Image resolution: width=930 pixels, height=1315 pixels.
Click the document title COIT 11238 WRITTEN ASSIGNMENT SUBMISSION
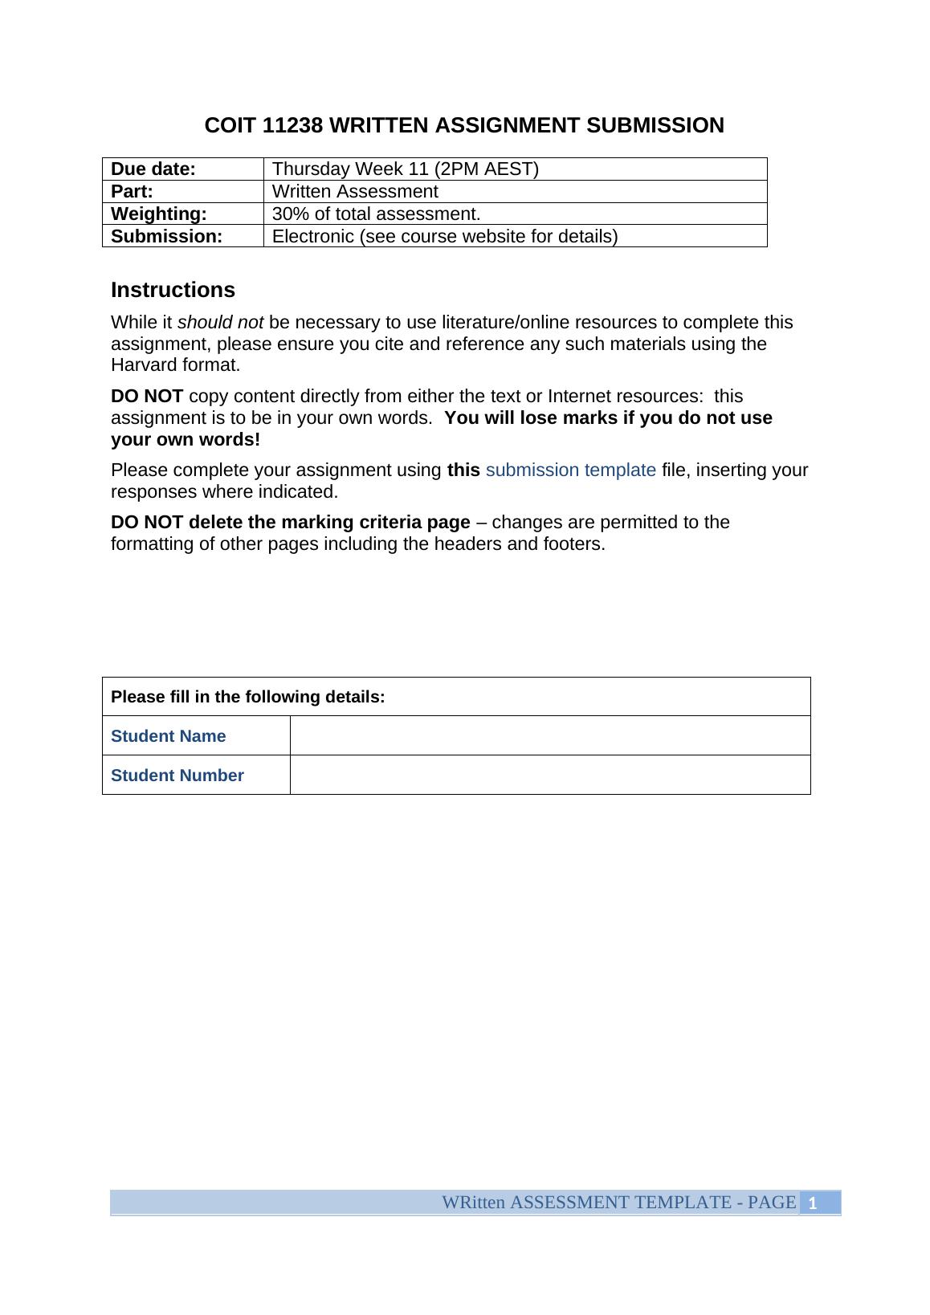[x=464, y=126]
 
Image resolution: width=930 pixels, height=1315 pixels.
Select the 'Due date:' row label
[x=153, y=169]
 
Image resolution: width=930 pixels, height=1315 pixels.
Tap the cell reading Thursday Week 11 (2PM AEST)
[x=406, y=169]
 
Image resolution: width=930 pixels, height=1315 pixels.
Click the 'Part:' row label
[x=133, y=192]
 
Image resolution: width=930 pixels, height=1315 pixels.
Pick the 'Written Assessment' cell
[x=355, y=192]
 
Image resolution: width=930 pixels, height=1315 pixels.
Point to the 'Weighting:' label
[x=159, y=214]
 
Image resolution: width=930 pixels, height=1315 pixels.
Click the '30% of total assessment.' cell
[x=376, y=214]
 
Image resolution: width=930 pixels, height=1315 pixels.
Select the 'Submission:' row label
[x=166, y=237]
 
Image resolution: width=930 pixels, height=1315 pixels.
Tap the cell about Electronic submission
[x=445, y=237]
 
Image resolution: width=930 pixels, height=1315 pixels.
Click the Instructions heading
[x=173, y=290]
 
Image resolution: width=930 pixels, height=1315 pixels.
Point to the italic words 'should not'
[x=220, y=323]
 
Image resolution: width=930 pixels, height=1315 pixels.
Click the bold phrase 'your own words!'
[x=186, y=440]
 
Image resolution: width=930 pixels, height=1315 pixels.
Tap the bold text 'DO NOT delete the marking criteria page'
[x=290, y=523]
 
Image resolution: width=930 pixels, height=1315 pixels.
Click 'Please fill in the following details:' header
[x=248, y=697]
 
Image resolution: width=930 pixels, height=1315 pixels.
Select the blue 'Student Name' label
[x=169, y=736]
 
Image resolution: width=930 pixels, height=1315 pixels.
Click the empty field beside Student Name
[x=549, y=736]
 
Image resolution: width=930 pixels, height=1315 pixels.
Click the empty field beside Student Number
[x=549, y=776]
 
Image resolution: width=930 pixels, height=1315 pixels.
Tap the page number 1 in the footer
[x=813, y=1203]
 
